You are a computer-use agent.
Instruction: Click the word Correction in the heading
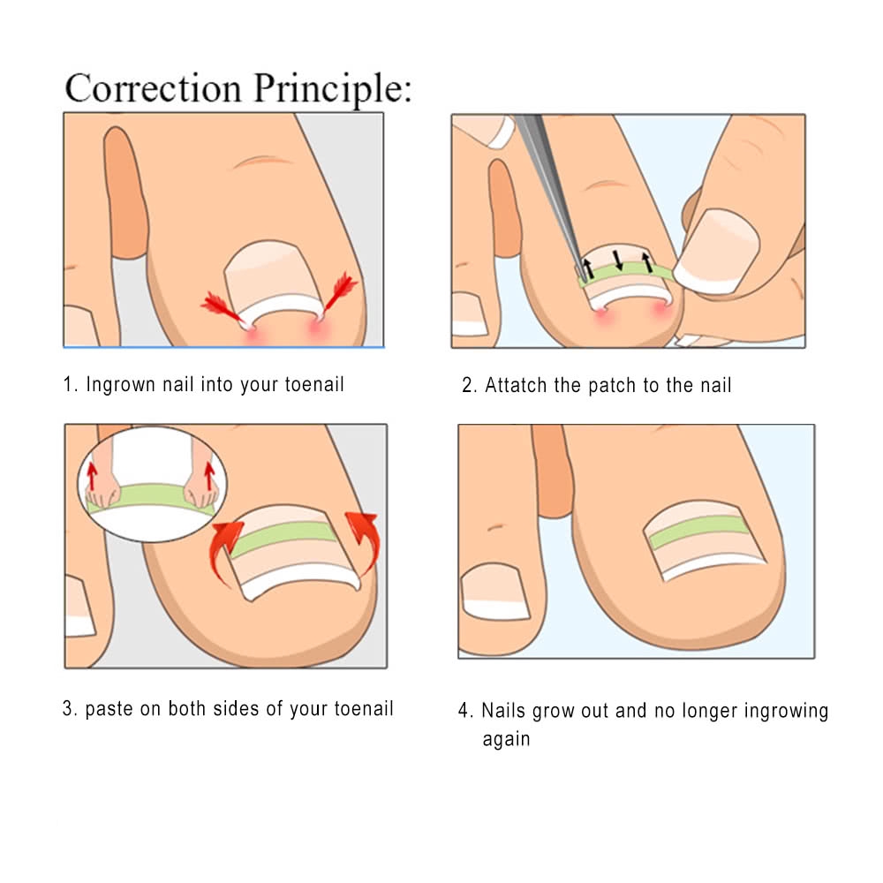153,88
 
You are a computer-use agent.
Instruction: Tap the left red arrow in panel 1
222,308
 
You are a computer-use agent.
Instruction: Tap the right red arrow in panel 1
340,292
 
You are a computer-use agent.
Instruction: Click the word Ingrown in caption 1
120,385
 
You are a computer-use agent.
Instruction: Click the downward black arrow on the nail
618,260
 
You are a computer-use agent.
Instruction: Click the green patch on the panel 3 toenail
283,539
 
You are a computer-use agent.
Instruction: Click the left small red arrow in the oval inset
93,477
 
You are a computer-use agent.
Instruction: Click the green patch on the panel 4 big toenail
698,532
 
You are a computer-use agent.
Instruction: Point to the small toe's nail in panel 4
494,592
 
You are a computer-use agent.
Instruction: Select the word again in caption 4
506,739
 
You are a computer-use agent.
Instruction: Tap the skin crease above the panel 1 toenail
263,161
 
